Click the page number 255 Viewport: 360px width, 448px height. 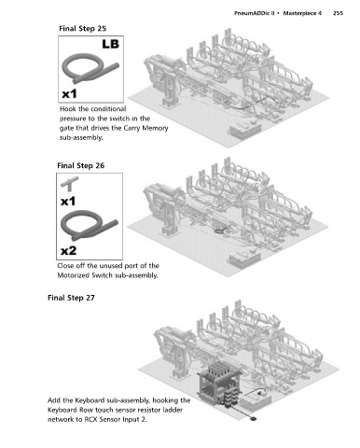[x=338, y=13]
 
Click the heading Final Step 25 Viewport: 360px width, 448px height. [x=83, y=29]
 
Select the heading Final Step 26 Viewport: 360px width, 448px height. [x=81, y=165]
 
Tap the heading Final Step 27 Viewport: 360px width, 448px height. [x=71, y=298]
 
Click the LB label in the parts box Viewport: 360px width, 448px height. [x=111, y=44]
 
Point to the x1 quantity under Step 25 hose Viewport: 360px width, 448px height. [x=69, y=93]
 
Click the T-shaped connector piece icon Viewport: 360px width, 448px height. [x=70, y=183]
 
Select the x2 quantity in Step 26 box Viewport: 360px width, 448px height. [x=68, y=250]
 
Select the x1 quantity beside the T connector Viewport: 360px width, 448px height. [x=68, y=202]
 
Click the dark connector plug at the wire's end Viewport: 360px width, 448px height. [x=254, y=419]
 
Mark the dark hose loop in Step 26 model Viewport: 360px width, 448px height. [x=219, y=231]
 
